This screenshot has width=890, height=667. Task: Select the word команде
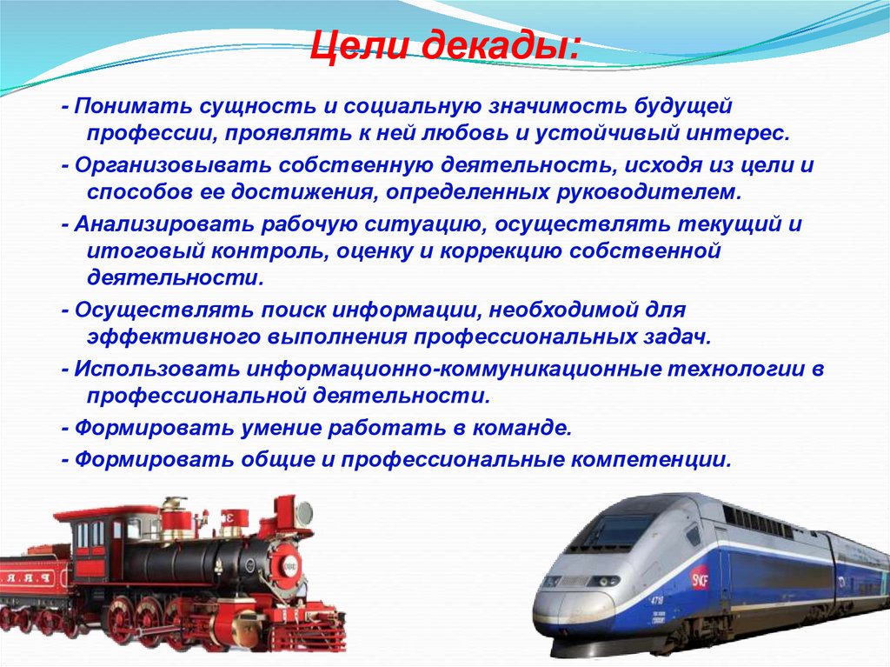click(x=529, y=429)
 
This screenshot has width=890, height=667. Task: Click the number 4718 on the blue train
click(x=658, y=602)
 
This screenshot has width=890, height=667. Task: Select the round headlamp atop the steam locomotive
click(x=304, y=514)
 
